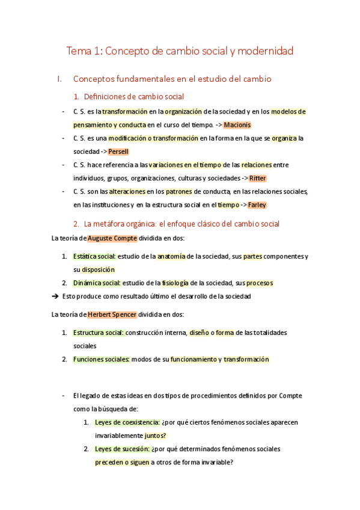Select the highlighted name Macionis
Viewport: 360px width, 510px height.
(x=237, y=125)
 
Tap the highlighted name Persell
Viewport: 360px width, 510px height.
(x=118, y=152)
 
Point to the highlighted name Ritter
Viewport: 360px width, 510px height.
(x=257, y=178)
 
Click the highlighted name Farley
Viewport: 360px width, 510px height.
(x=257, y=204)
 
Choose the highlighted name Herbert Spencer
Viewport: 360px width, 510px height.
(x=111, y=315)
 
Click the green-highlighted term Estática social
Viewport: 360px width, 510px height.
(x=94, y=256)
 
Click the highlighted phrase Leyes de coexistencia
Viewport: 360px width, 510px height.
(x=127, y=422)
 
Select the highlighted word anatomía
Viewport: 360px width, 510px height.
(x=171, y=256)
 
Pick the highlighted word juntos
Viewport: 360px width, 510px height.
(x=155, y=435)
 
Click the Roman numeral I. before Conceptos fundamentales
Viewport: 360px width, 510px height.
(x=58, y=79)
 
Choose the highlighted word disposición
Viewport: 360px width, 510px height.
(x=98, y=269)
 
